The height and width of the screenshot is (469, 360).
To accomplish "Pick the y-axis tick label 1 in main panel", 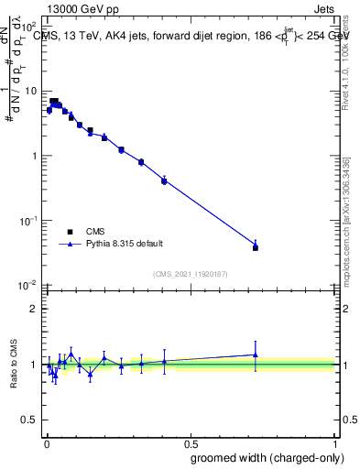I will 33,156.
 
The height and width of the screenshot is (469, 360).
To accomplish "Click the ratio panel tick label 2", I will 33,309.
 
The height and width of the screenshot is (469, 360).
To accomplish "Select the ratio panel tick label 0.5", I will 28,421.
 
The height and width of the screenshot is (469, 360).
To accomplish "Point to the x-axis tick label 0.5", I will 191,442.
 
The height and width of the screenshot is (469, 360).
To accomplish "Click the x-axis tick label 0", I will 47,442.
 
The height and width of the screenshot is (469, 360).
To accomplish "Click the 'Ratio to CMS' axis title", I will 13,365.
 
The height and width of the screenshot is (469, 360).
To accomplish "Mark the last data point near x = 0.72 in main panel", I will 256,247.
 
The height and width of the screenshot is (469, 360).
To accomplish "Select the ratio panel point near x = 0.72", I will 256,354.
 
